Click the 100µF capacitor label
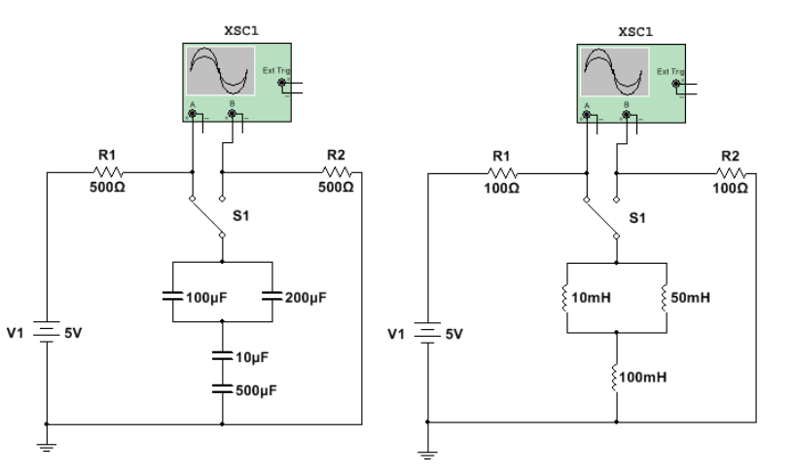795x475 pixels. [x=207, y=297]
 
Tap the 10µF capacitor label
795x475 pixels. [x=251, y=358]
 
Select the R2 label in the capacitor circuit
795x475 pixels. [x=335, y=154]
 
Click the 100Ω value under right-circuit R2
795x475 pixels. [x=730, y=186]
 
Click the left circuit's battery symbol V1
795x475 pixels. [x=46, y=333]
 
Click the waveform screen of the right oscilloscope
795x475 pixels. [x=614, y=71]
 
